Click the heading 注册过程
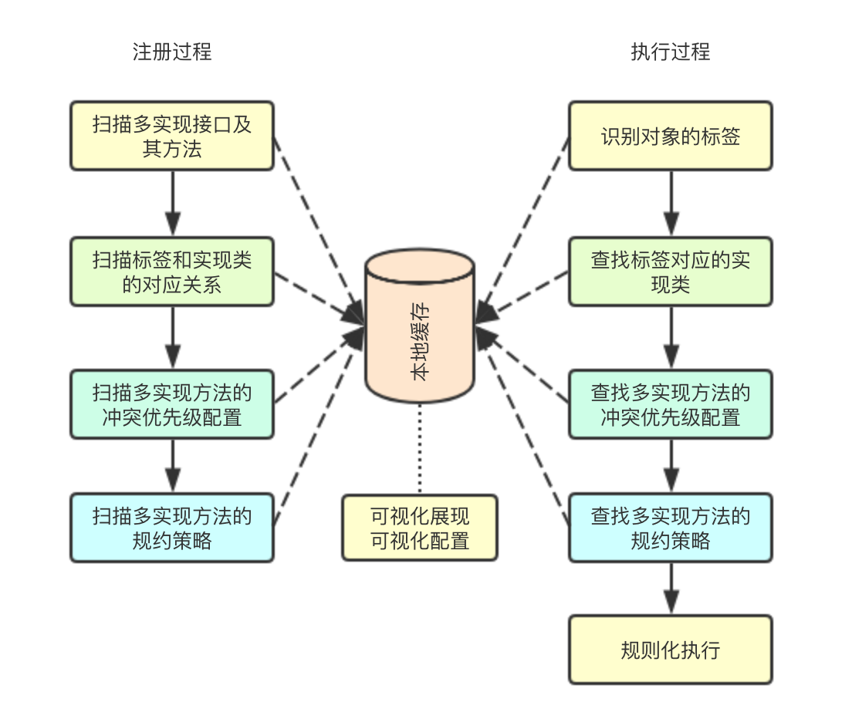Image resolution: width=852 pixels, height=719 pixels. click(x=171, y=52)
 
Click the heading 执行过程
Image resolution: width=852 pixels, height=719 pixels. click(x=670, y=52)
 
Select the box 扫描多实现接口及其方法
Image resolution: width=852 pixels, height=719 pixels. click(x=172, y=136)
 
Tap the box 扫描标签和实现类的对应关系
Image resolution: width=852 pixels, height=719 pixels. click(x=172, y=272)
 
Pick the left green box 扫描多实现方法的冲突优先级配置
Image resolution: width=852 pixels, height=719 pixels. click(x=172, y=404)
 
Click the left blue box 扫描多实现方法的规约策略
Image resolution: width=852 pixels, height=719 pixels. click(x=172, y=528)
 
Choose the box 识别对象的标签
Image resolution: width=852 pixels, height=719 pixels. click(x=670, y=136)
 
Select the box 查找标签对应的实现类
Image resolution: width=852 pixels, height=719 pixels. click(x=670, y=272)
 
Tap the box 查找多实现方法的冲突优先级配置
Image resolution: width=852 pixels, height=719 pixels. click(x=670, y=404)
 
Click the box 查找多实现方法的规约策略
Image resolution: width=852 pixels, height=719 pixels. click(x=670, y=528)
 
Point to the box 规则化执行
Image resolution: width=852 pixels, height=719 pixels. click(x=670, y=650)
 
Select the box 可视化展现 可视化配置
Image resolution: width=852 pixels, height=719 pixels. click(x=420, y=528)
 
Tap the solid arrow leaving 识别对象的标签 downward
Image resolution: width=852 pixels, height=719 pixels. click(x=670, y=203)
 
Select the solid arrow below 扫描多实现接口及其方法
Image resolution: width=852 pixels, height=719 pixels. click(x=172, y=203)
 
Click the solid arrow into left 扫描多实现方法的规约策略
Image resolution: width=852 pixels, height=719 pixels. click(x=172, y=466)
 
